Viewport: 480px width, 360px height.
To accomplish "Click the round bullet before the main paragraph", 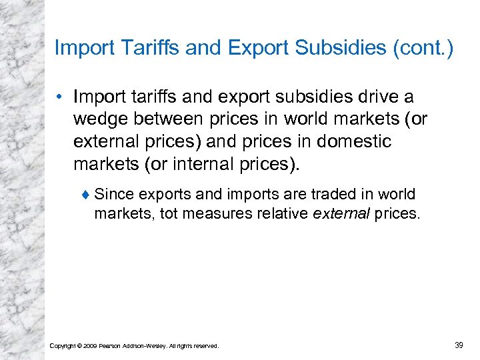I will pyautogui.click(x=61, y=97).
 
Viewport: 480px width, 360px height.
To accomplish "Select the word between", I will pyautogui.click(x=169, y=120).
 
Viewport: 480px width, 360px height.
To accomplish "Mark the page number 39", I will pyautogui.click(x=458, y=345).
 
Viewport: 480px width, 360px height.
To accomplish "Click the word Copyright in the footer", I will pyautogui.click(x=62, y=345).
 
